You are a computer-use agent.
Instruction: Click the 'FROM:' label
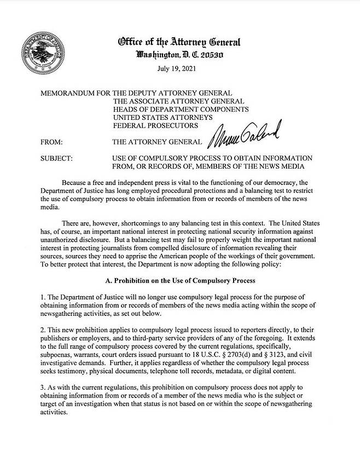click(52, 142)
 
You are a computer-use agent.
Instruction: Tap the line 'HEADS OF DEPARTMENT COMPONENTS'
click(181, 109)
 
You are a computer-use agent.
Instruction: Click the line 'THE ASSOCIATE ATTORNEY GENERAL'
click(178, 101)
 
